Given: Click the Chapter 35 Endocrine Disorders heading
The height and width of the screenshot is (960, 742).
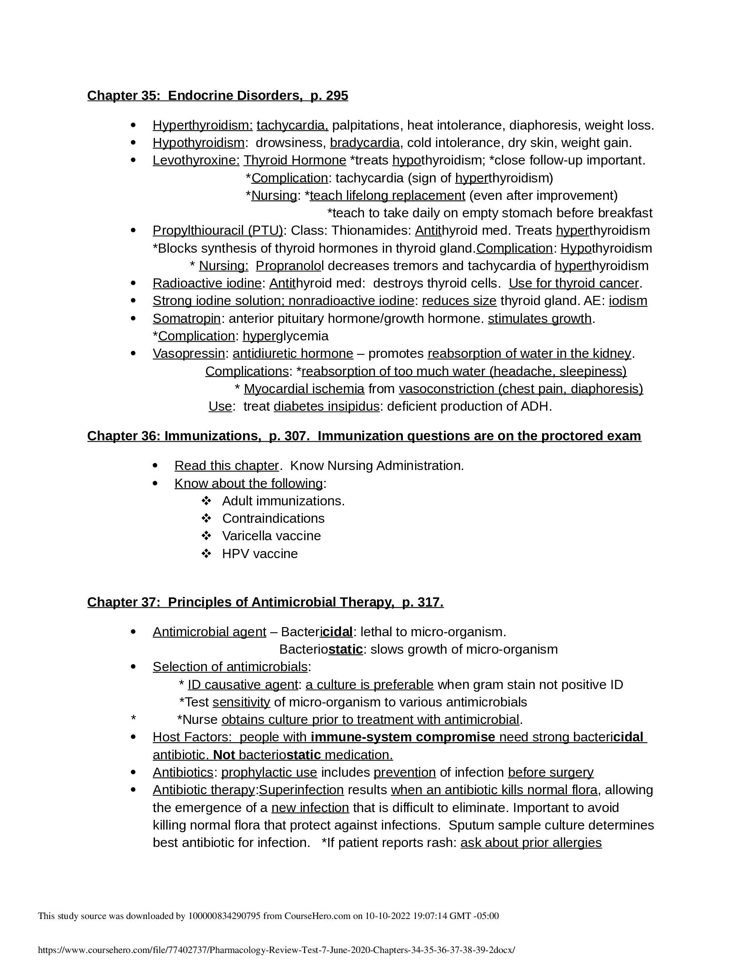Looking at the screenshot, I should tap(218, 96).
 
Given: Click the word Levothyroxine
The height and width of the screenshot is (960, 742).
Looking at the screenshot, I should tap(196, 161).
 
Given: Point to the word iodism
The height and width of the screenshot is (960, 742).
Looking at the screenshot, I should tap(628, 301).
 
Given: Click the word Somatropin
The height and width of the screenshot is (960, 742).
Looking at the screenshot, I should tap(186, 319).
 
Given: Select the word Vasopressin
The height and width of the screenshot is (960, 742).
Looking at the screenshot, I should tap(189, 354).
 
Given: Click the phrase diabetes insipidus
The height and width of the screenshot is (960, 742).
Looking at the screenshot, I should tap(326, 407).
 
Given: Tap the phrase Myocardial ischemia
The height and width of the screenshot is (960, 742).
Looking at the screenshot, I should tap(304, 389).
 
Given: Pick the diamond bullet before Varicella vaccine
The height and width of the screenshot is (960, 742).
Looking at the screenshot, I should tap(206, 536).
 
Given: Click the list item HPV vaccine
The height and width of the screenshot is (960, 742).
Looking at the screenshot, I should tap(260, 554).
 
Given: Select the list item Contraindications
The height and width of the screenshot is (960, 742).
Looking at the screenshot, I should tap(273, 519).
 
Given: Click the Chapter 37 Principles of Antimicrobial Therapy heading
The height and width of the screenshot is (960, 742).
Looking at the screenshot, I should tap(265, 602).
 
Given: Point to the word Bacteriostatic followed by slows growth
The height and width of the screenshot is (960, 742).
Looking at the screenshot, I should tap(321, 650).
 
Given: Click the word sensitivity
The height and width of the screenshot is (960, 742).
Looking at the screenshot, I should tap(241, 703).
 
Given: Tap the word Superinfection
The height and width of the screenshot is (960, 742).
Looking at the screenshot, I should tap(301, 790).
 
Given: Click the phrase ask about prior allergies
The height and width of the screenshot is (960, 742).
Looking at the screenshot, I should tap(531, 843).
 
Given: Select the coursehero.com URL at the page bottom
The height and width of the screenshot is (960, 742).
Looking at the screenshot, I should tap(276, 950).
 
